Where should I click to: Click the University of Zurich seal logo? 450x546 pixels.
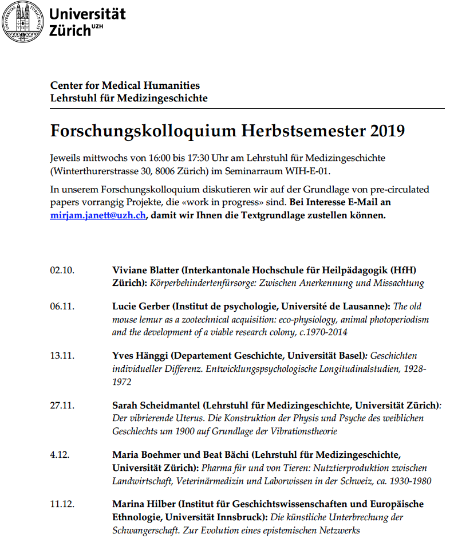click(23, 21)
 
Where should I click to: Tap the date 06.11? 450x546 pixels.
click(62, 307)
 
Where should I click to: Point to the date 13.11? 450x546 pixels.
click(62, 356)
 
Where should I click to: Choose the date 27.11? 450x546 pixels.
click(62, 405)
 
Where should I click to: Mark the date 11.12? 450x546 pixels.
click(62, 504)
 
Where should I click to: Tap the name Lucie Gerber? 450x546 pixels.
click(140, 307)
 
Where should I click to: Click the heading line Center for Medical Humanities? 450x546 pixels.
click(125, 85)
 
